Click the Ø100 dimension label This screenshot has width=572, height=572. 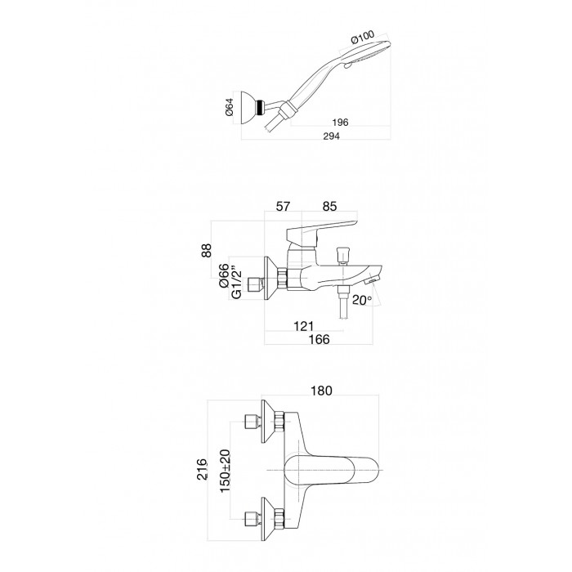[x=363, y=38]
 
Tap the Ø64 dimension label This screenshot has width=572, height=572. [x=230, y=108]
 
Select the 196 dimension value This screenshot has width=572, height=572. [x=340, y=122]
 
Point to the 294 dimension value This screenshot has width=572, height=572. [x=331, y=136]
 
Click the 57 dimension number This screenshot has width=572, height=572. [x=283, y=207]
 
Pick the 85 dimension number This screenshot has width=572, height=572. [x=329, y=207]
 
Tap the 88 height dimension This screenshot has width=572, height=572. [x=207, y=251]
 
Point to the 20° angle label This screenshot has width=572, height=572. [x=362, y=300]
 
